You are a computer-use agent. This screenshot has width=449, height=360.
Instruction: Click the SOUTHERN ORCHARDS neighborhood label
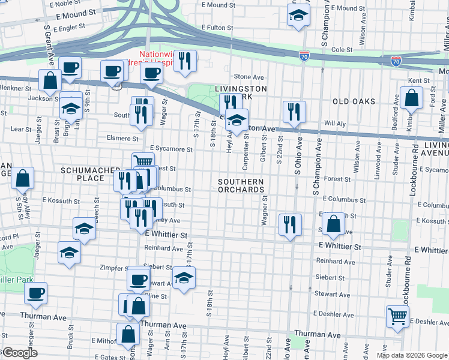coord(241,185)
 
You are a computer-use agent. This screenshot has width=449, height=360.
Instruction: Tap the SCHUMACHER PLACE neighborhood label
coord(83,174)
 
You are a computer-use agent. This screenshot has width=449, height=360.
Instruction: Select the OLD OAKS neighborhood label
coord(353,102)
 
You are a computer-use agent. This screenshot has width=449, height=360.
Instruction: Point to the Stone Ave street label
coord(249,77)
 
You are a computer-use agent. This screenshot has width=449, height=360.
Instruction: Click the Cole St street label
coord(341,49)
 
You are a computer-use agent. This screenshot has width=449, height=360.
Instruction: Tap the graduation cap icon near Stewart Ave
coord(184,277)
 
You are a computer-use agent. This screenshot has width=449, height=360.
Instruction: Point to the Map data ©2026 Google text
coord(412,355)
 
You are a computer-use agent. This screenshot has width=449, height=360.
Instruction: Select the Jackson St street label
coord(40,98)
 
